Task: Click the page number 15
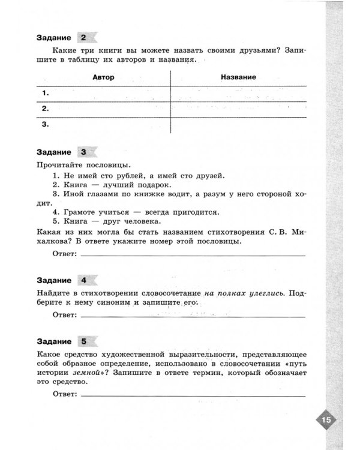[x=326, y=419]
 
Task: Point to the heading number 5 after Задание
[x=83, y=342]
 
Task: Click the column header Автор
[x=104, y=78]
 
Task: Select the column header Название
[x=238, y=78]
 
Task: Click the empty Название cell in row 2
[x=238, y=109]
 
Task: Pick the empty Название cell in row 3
[x=238, y=125]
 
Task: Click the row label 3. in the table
[x=45, y=125]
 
